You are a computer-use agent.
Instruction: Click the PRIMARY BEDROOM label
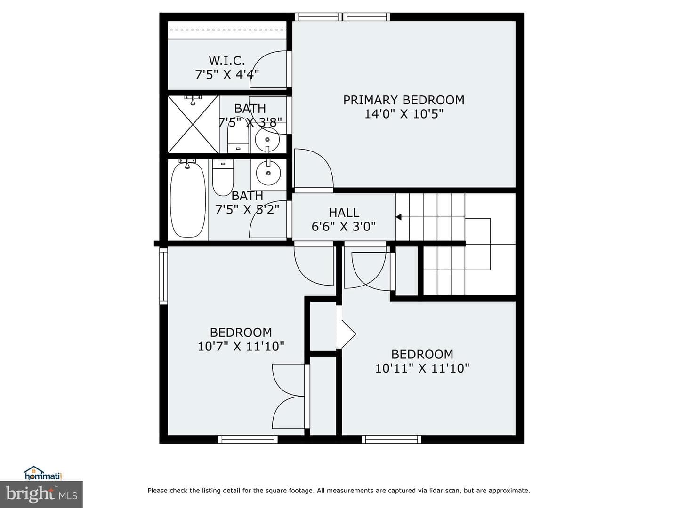pyautogui.click(x=404, y=100)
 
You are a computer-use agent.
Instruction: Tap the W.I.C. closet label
pyautogui.click(x=227, y=61)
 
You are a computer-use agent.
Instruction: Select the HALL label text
pyautogui.click(x=344, y=213)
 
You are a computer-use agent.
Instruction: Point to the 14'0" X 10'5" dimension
pyautogui.click(x=404, y=114)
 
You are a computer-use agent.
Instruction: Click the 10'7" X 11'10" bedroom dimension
pyautogui.click(x=241, y=346)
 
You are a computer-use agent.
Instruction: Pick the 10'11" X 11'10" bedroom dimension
pyautogui.click(x=422, y=368)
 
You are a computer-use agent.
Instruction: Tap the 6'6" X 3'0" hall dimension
pyautogui.click(x=344, y=227)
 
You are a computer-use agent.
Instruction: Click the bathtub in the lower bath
pyautogui.click(x=188, y=199)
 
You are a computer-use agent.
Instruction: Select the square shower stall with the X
pyautogui.click(x=193, y=124)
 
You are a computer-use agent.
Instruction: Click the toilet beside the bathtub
pyautogui.click(x=223, y=178)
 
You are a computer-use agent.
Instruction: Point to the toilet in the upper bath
pyautogui.click(x=238, y=136)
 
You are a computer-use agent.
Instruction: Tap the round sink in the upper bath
pyautogui.click(x=267, y=139)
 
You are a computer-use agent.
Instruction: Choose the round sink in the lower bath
pyautogui.click(x=268, y=173)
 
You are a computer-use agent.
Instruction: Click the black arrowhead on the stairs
pyautogui.click(x=398, y=217)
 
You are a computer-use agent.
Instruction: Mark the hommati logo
pyautogui.click(x=43, y=473)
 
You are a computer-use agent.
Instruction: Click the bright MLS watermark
pyautogui.click(x=41, y=494)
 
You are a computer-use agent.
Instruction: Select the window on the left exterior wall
pyautogui.click(x=163, y=276)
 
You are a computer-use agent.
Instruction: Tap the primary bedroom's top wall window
pyautogui.click(x=342, y=16)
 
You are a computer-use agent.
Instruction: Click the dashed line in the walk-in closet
pyautogui.click(x=227, y=30)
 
